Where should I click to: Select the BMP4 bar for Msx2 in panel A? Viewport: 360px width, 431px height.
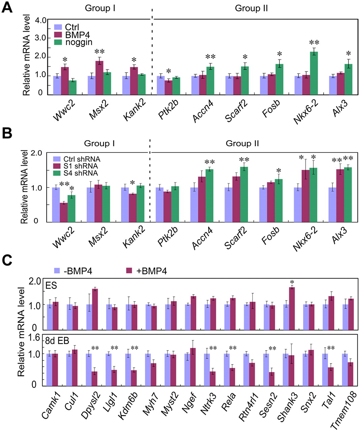coord(99,77)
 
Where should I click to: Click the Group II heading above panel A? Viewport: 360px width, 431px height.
coord(251,8)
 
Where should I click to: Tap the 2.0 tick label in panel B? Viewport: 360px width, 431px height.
coord(36,153)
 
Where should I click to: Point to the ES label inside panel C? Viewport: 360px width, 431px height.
coord(52,286)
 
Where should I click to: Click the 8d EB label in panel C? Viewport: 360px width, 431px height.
coord(57,340)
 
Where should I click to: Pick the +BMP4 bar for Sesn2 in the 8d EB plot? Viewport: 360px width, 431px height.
coord(272,379)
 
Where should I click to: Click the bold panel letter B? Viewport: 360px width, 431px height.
coord(7,133)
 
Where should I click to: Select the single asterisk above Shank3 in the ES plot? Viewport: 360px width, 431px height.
coord(292,282)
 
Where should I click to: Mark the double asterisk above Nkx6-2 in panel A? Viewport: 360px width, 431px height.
coord(314,42)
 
